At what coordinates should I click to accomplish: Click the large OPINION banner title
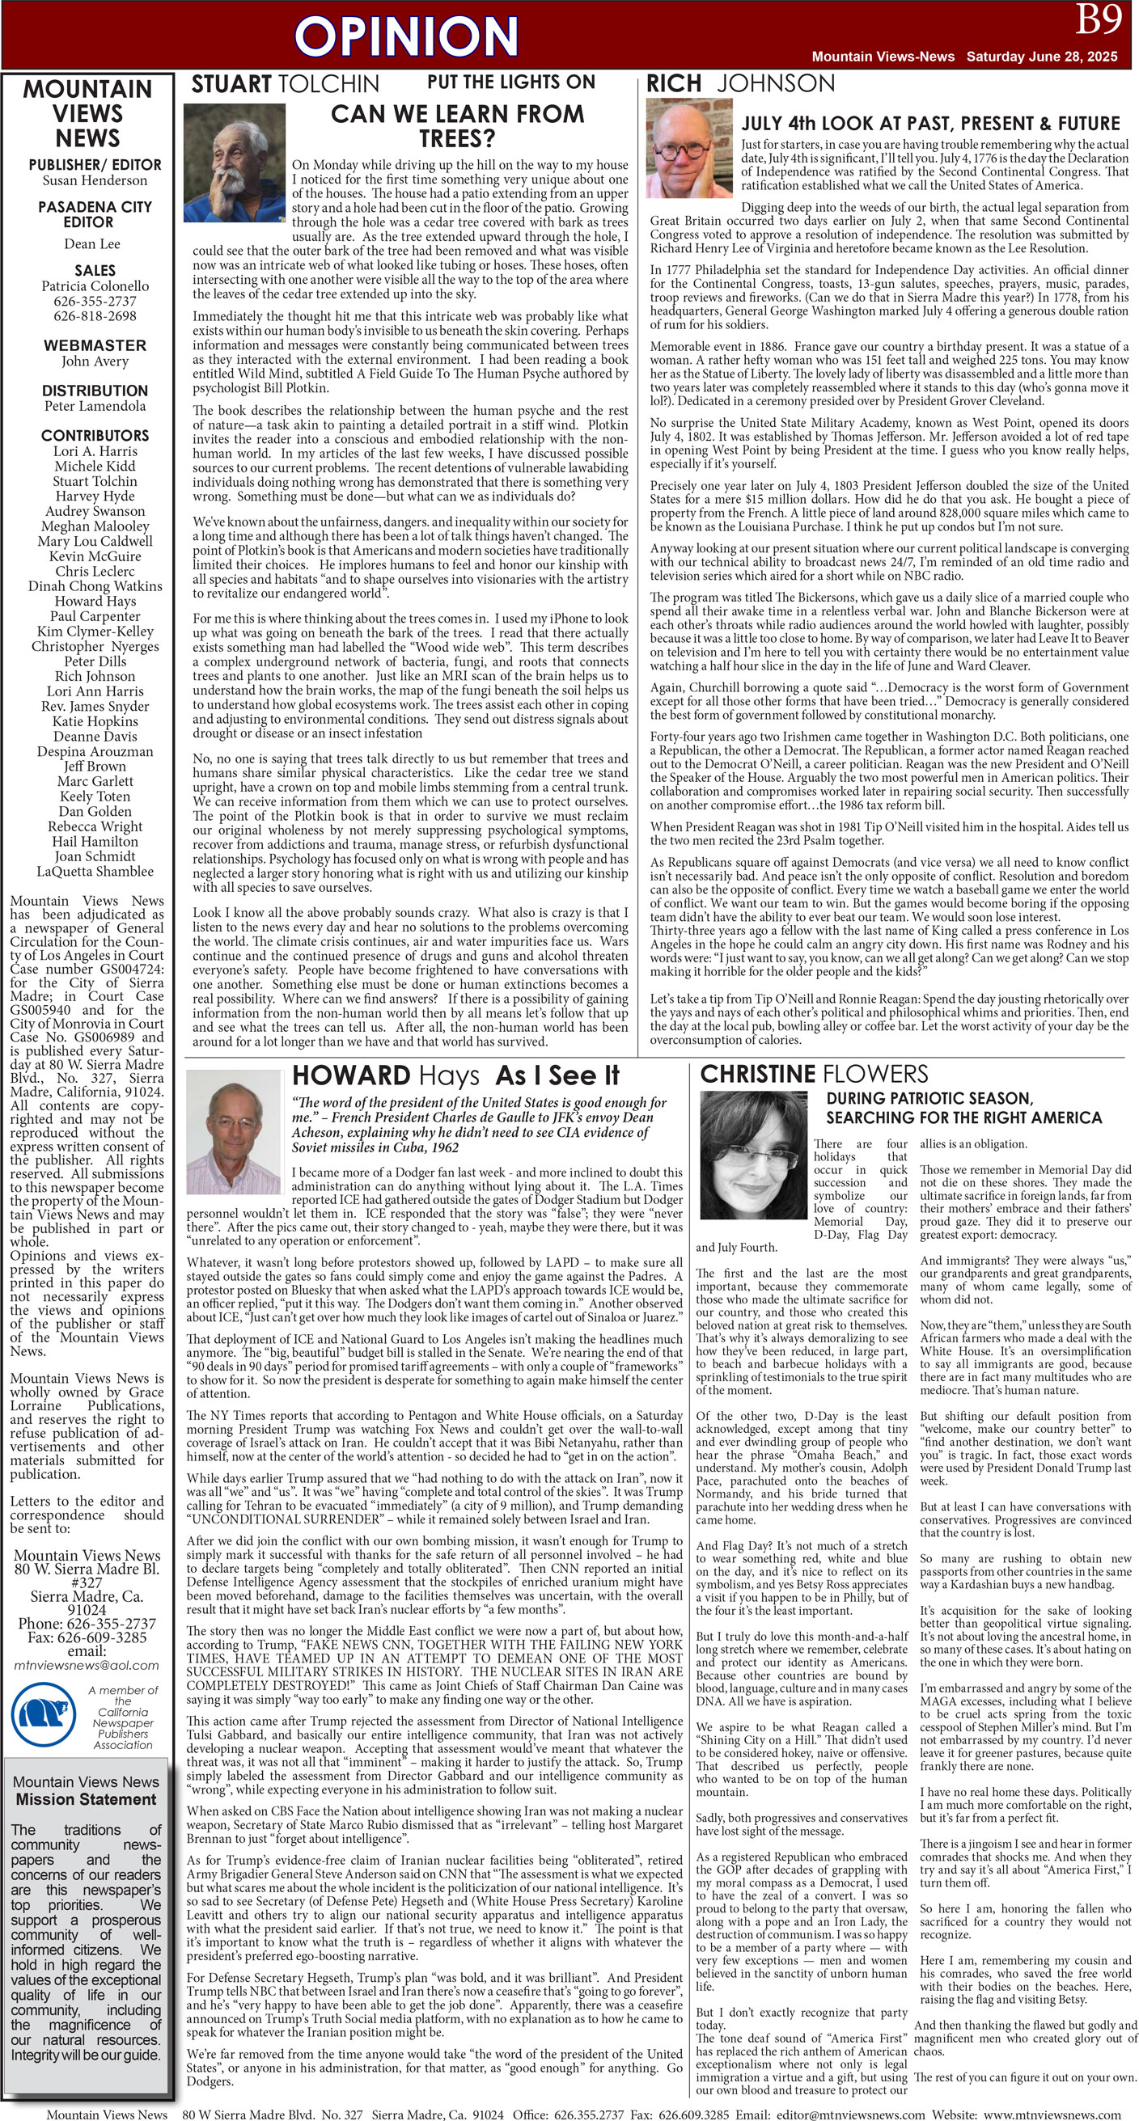(406, 37)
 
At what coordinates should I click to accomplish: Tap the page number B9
(1099, 19)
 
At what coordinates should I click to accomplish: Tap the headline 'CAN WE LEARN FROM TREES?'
(457, 125)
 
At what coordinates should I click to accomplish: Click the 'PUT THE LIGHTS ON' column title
(510, 82)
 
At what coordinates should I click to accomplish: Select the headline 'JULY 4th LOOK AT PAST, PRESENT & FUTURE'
(930, 124)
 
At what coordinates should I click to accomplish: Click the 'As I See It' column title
(557, 1075)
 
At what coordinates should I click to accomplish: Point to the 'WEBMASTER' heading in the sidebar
(95, 346)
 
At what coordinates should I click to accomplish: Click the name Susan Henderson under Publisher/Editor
(95, 180)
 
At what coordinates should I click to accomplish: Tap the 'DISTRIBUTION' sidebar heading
(95, 391)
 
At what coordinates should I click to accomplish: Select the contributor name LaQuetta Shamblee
(95, 871)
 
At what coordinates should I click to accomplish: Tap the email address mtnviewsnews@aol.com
(87, 1664)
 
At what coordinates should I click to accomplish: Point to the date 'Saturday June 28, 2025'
(1041, 57)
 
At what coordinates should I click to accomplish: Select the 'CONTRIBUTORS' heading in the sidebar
(95, 436)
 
